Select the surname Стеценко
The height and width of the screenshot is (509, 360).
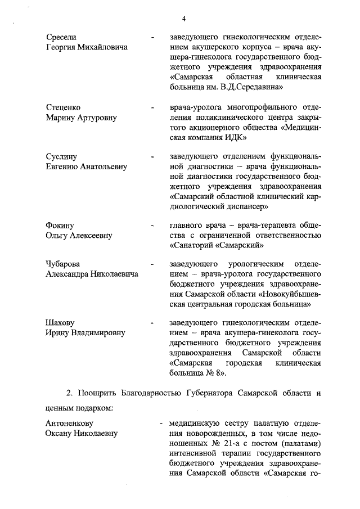tap(63, 107)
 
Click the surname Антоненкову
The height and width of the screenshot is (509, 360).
tap(69, 422)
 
